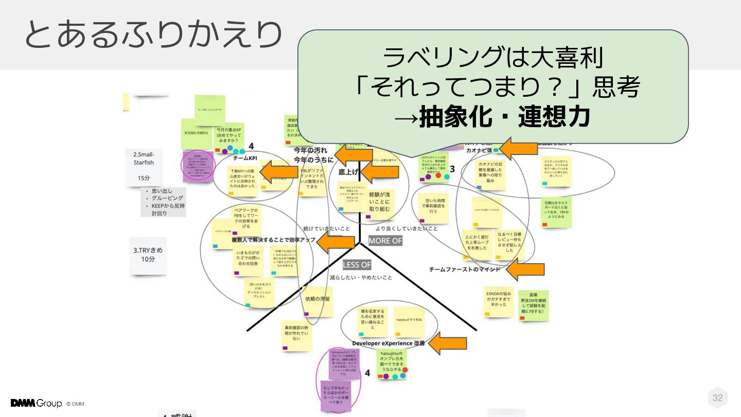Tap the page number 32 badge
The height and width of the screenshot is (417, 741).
pyautogui.click(x=717, y=397)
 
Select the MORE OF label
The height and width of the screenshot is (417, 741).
pyautogui.click(x=385, y=240)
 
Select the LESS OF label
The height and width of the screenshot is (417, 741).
pyautogui.click(x=357, y=265)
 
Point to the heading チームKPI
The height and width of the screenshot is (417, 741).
pyautogui.click(x=245, y=158)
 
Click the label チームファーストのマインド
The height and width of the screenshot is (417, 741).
pyautogui.click(x=464, y=269)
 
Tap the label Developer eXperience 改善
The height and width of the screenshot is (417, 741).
pyautogui.click(x=389, y=343)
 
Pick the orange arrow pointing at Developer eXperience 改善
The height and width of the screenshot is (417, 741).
pyautogui.click(x=448, y=343)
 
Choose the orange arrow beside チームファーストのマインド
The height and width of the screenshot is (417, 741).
pyautogui.click(x=525, y=269)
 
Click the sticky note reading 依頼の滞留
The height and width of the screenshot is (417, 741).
pyautogui.click(x=317, y=299)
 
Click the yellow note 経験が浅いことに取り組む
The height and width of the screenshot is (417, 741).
pyautogui.click(x=380, y=202)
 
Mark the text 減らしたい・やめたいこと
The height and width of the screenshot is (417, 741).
pyautogui.click(x=361, y=277)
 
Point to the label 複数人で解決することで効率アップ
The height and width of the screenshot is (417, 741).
pyautogui.click(x=273, y=240)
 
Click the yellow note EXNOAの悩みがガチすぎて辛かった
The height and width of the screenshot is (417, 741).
pyautogui.click(x=499, y=300)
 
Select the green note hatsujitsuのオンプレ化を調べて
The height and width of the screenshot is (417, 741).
pyautogui.click(x=391, y=362)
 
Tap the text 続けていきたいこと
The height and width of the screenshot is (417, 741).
pyautogui.click(x=326, y=228)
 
